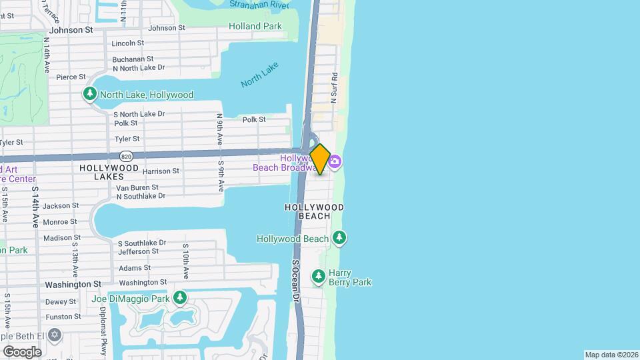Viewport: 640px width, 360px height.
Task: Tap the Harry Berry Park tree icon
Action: pyautogui.click(x=319, y=275)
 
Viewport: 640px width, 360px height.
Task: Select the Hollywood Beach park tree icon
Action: pyautogui.click(x=339, y=237)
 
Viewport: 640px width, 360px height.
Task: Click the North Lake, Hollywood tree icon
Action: pyautogui.click(x=90, y=95)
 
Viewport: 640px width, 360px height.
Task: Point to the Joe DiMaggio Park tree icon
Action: pyautogui.click(x=179, y=297)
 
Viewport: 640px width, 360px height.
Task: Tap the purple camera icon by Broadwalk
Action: pyautogui.click(x=335, y=161)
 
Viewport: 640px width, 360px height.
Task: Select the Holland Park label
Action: pyautogui.click(x=255, y=27)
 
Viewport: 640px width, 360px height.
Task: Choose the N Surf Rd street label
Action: pyautogui.click(x=335, y=88)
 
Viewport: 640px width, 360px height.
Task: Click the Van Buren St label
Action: pyautogui.click(x=138, y=188)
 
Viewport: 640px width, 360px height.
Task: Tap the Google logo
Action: pyautogui.click(x=22, y=351)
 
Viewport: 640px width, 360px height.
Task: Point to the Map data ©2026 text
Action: pyautogui.click(x=611, y=355)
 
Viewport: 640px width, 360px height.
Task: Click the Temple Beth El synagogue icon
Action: pyautogui.click(x=55, y=333)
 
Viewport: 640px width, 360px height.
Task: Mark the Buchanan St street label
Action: pyautogui.click(x=134, y=59)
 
